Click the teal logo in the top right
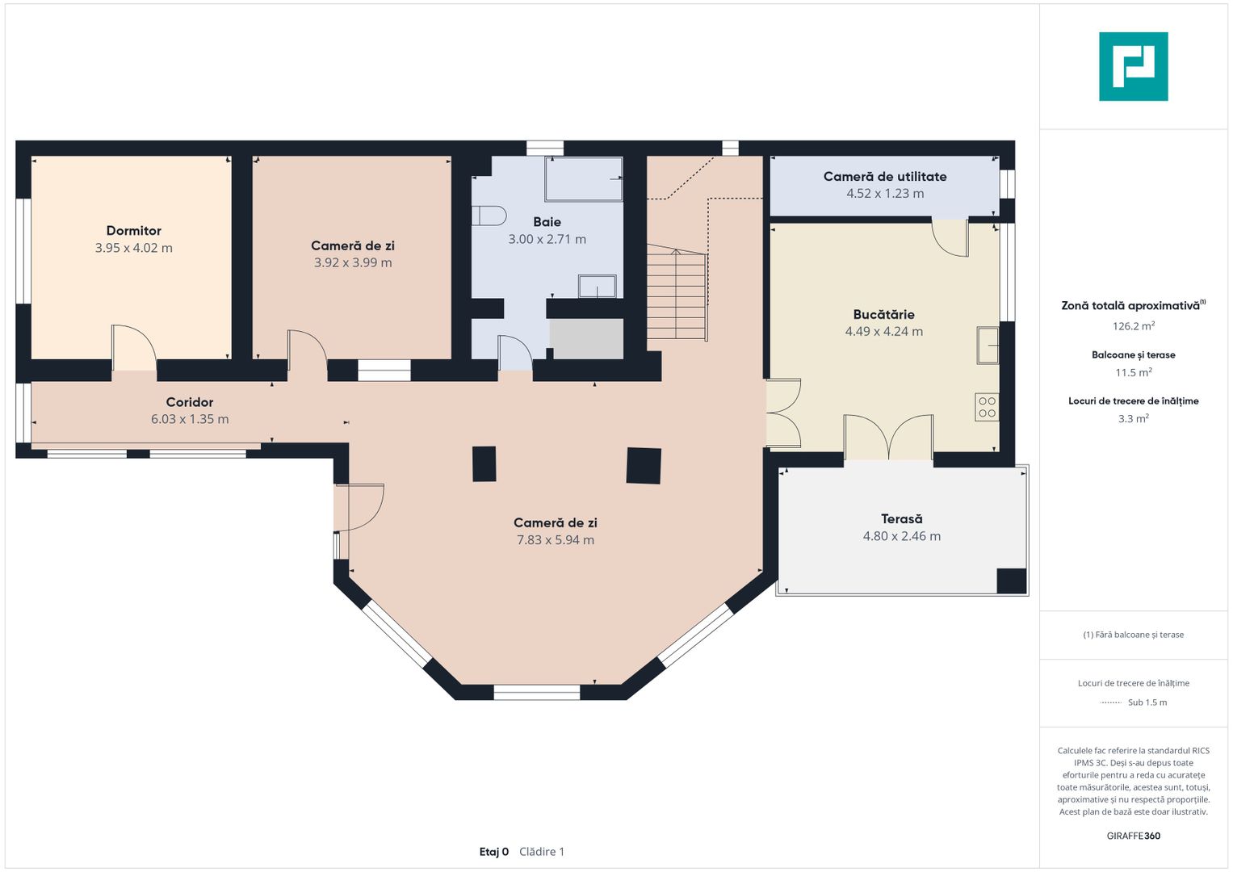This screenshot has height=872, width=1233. [x=1133, y=66]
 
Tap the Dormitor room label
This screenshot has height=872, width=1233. [x=134, y=231]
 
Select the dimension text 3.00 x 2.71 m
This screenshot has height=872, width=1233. [x=547, y=239]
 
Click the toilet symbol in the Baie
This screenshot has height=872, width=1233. [x=489, y=216]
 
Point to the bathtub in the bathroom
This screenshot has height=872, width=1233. [x=583, y=179]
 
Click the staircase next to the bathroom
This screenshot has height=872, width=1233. [x=677, y=296]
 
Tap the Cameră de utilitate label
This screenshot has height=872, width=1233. [x=885, y=177]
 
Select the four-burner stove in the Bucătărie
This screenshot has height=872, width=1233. [x=987, y=407]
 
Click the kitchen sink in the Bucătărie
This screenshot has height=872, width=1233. [x=988, y=345]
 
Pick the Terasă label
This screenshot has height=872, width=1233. [x=901, y=519]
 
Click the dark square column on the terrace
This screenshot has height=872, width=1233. [x=1011, y=581]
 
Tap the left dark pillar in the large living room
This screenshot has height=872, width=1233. [x=484, y=463]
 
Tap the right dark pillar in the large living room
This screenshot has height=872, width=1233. [x=644, y=465]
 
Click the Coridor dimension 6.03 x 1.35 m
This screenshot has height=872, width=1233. [x=190, y=419]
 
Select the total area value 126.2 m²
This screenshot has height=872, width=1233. [x=1133, y=326]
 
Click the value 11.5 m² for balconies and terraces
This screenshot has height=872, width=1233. [x=1133, y=372]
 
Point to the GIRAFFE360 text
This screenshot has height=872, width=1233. [x=1133, y=836]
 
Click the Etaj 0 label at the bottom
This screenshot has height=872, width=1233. [x=494, y=852]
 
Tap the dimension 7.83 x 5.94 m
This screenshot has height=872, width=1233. [x=556, y=540]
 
